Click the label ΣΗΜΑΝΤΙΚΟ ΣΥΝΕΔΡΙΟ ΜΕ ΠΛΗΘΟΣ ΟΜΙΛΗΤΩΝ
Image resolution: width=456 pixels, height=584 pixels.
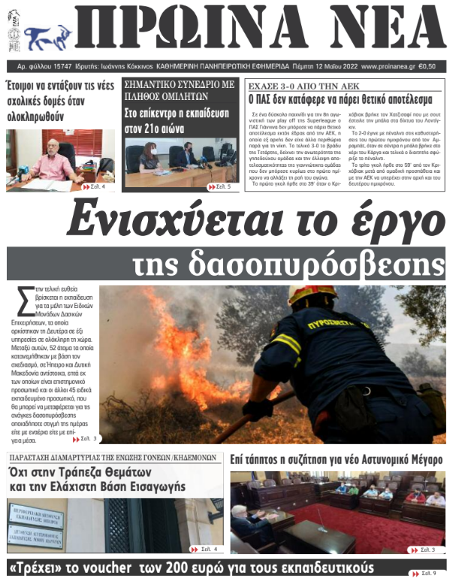(x=179, y=90)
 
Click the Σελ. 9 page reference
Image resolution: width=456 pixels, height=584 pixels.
(x=433, y=573)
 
